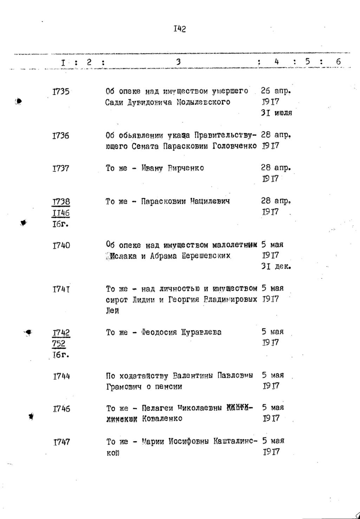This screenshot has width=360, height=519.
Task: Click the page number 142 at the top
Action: (179, 29)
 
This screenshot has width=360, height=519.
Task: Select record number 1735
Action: (60, 92)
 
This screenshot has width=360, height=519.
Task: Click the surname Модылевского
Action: (204, 102)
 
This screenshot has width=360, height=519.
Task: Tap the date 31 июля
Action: (277, 113)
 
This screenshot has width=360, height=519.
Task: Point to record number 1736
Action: (60, 136)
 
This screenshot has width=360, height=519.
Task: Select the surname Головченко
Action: (234, 146)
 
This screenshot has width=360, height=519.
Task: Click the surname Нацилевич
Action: (210, 201)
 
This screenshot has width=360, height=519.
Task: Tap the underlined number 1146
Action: (61, 213)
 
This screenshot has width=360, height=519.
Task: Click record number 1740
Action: (61, 245)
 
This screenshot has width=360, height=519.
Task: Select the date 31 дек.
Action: (276, 266)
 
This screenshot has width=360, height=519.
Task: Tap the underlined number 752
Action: (59, 343)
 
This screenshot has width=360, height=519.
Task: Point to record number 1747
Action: (62, 442)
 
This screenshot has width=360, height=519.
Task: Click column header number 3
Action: (178, 62)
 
